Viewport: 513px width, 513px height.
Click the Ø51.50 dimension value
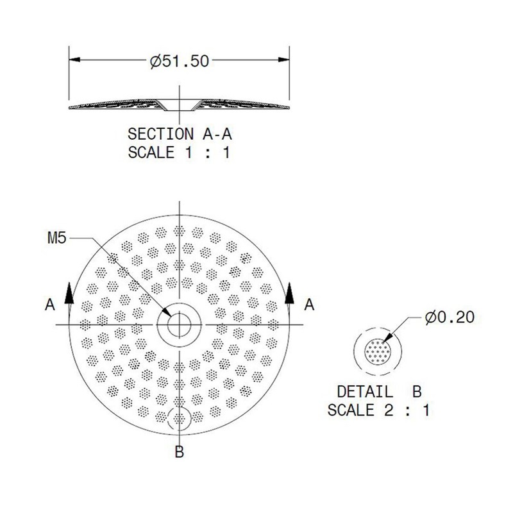click(x=180, y=62)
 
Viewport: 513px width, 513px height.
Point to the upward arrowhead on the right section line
click(x=289, y=292)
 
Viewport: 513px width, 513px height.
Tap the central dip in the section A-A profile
click(x=180, y=105)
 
